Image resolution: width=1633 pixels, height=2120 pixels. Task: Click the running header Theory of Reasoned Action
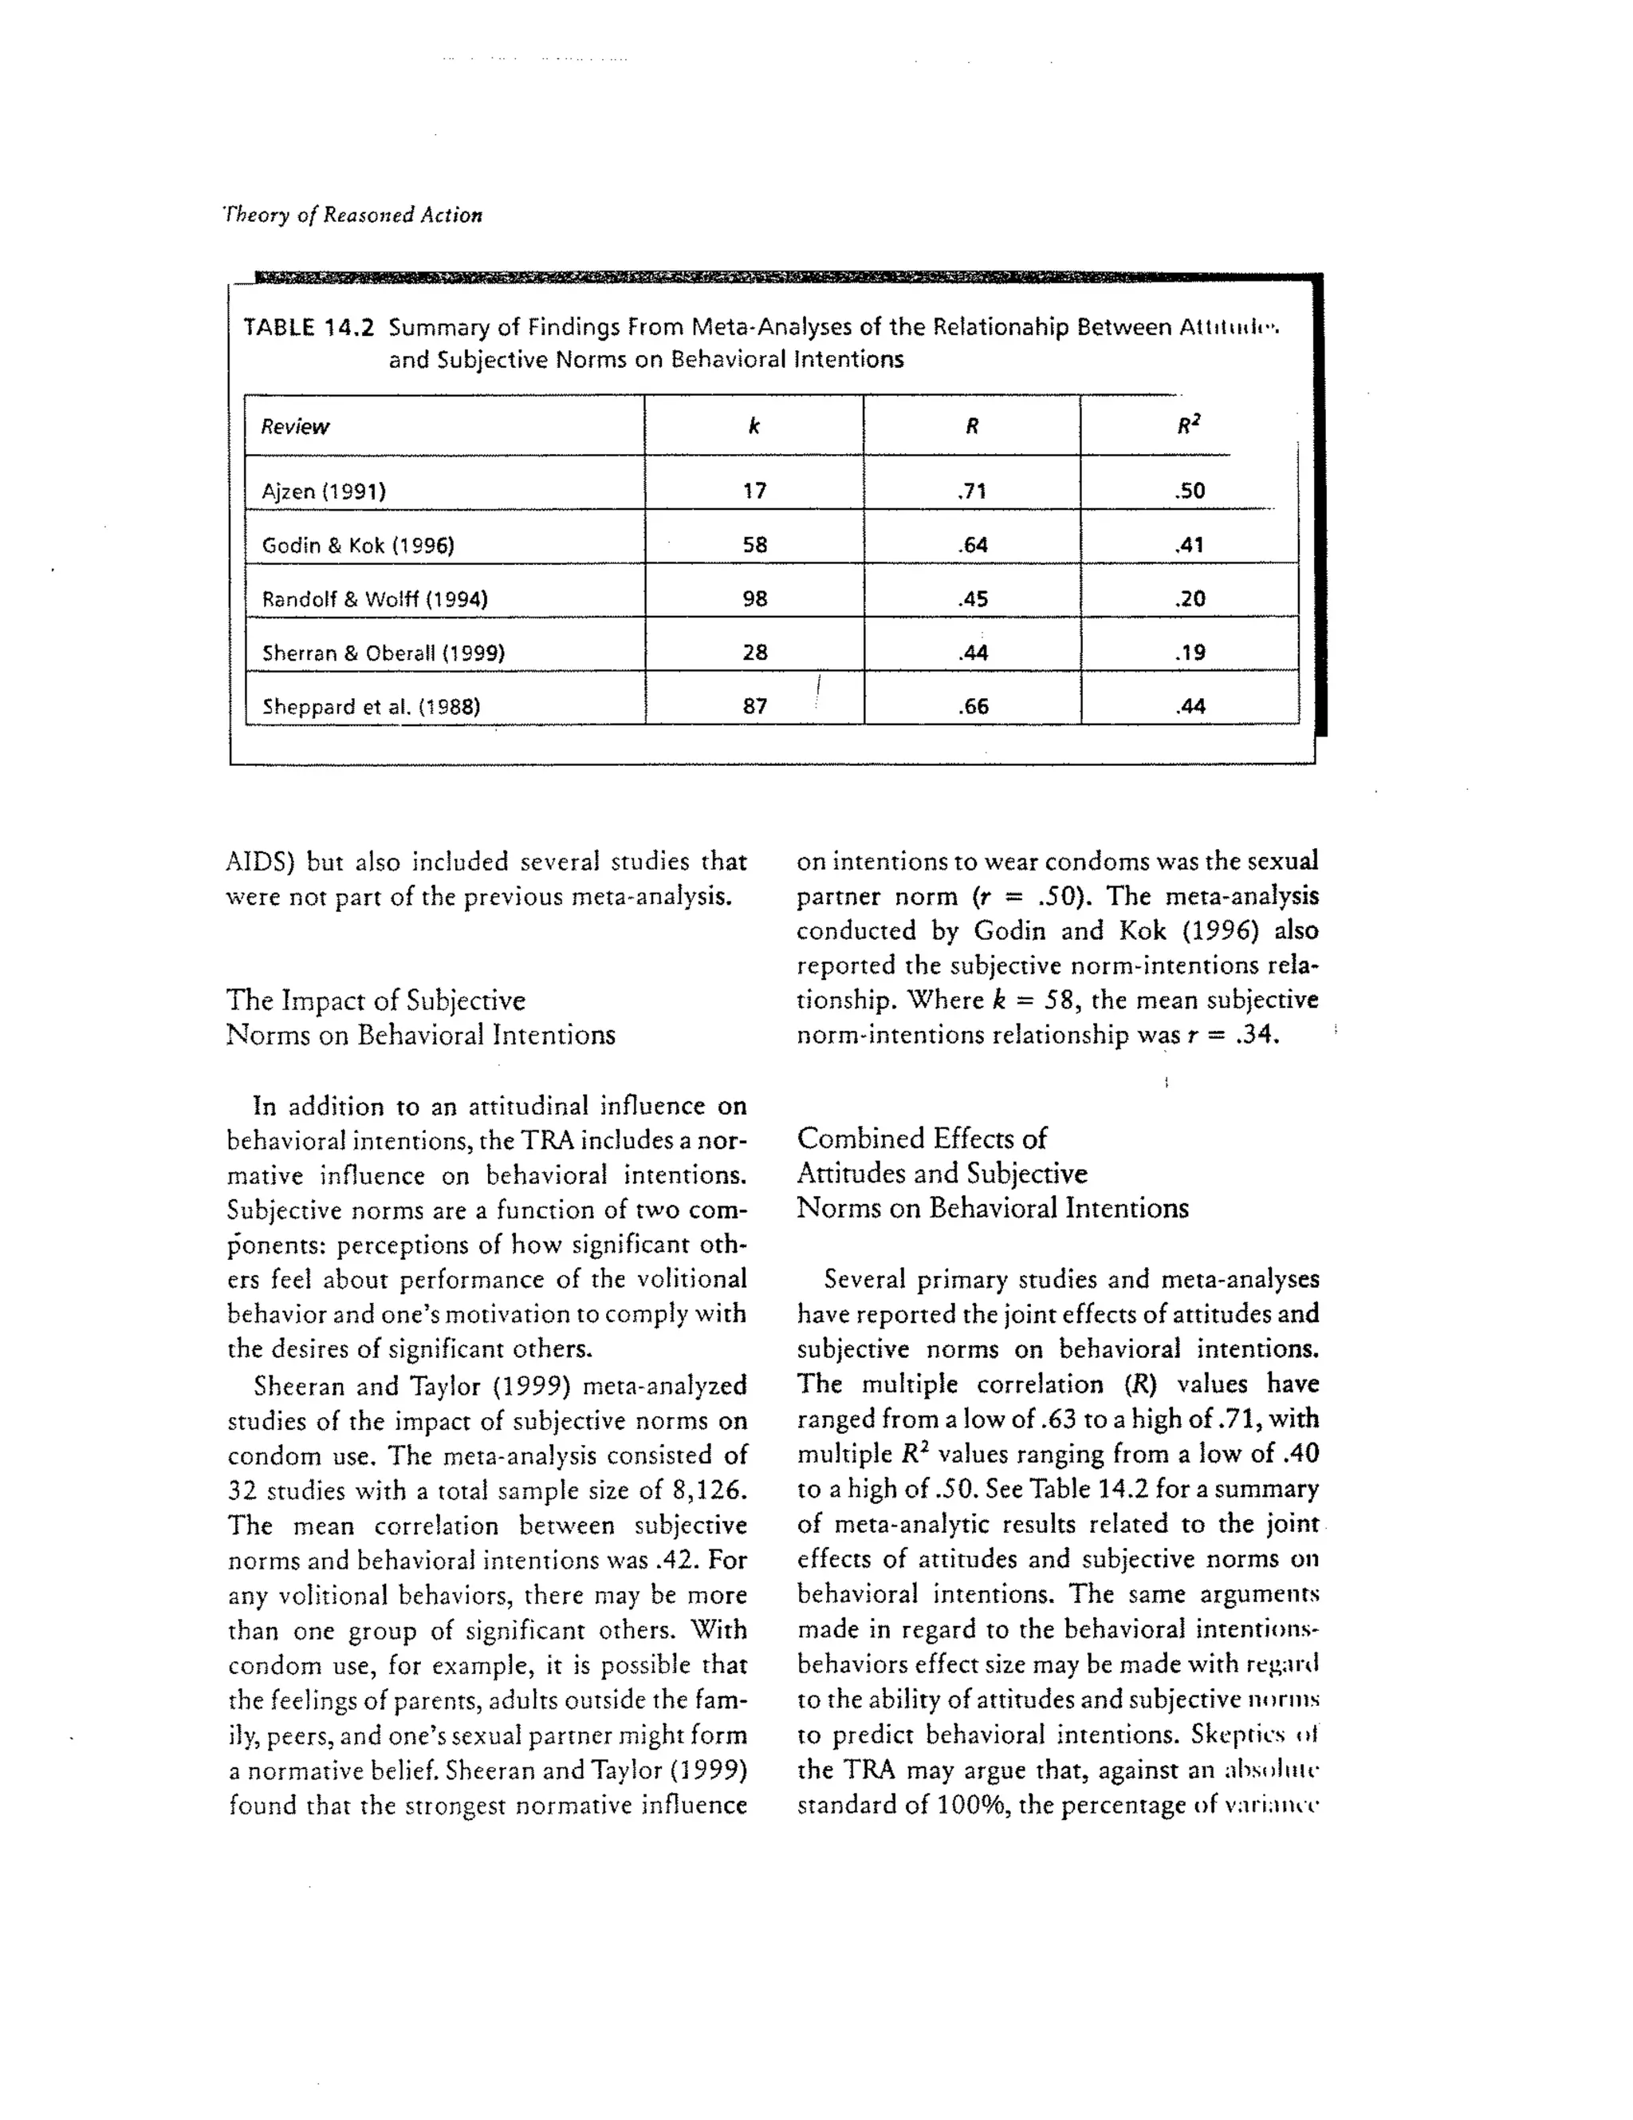pyautogui.click(x=353, y=215)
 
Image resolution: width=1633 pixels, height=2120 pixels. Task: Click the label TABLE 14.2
pyautogui.click(x=309, y=327)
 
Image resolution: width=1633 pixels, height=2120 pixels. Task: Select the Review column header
pyautogui.click(x=295, y=427)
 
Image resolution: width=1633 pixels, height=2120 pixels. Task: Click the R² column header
pyautogui.click(x=1189, y=425)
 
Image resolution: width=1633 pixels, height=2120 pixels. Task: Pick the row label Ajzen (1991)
pyautogui.click(x=324, y=492)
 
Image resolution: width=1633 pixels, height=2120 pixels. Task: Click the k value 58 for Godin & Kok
pyautogui.click(x=755, y=544)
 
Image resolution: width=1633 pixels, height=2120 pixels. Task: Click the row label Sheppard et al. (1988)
pyautogui.click(x=371, y=707)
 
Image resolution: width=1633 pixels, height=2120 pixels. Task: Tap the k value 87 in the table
pyautogui.click(x=755, y=707)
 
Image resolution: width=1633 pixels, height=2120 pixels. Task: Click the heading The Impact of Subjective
pyautogui.click(x=376, y=1000)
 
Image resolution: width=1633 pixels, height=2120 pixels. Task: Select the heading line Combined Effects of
pyautogui.click(x=922, y=1138)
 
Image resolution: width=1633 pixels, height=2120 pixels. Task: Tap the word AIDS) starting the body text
pyautogui.click(x=259, y=862)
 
